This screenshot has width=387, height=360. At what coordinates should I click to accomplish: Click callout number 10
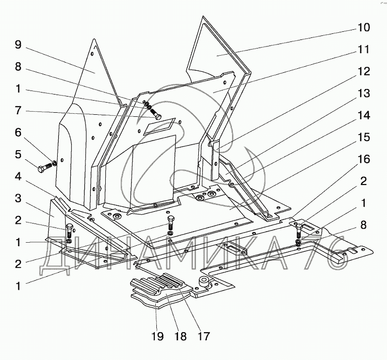(363, 27)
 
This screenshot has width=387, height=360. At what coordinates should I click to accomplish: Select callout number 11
(363, 50)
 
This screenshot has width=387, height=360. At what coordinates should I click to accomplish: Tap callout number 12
(363, 71)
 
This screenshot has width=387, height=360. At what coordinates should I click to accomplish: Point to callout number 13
(363, 93)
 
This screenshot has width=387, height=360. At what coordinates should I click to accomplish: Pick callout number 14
(363, 115)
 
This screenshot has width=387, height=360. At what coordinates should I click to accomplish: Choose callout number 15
(363, 137)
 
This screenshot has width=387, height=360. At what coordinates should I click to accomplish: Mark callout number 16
(363, 159)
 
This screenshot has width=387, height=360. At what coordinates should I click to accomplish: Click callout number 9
(18, 44)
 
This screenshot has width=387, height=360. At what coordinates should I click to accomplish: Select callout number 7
(18, 111)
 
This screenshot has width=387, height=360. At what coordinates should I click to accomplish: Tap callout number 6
(18, 132)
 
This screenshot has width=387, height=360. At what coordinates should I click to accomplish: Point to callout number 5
(18, 154)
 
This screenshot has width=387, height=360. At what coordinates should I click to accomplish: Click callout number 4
(18, 176)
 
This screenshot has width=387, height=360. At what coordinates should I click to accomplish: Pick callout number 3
(18, 198)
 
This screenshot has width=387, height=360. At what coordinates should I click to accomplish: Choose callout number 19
(157, 336)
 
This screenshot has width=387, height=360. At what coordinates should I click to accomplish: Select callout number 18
(180, 336)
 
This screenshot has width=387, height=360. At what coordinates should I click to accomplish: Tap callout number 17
(203, 336)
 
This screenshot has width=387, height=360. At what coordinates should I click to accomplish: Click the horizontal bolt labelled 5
(46, 167)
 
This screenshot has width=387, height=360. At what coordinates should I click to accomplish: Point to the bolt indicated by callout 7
(155, 114)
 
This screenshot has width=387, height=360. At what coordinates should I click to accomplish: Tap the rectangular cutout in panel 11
(159, 126)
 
